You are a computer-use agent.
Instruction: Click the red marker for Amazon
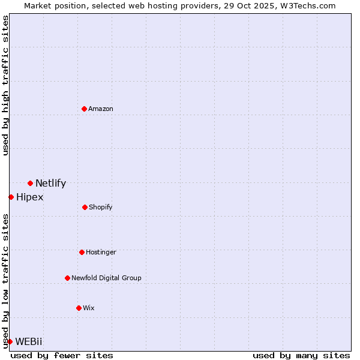(x=84, y=109)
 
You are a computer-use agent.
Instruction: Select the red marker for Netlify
(x=30, y=183)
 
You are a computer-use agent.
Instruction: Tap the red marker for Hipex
(x=11, y=197)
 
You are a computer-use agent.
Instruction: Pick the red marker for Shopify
(x=85, y=207)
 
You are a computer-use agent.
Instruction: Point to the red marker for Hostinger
(x=82, y=252)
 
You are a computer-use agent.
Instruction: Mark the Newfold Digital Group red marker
(x=67, y=278)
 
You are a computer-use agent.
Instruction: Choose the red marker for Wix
(x=79, y=308)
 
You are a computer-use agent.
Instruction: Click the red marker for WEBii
(x=10, y=341)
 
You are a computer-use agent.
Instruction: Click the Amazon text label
(x=101, y=109)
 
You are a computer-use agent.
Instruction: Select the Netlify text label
(x=50, y=184)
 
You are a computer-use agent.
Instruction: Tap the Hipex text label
(x=29, y=197)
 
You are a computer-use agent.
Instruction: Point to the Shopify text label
(x=101, y=207)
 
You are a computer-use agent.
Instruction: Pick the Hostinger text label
(x=101, y=252)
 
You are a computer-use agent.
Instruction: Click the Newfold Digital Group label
(x=106, y=278)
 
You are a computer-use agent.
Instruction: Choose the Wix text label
(x=89, y=308)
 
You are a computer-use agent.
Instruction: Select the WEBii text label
(x=29, y=341)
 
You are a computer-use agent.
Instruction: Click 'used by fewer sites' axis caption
(x=62, y=355)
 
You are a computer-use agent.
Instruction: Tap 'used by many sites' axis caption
(x=301, y=355)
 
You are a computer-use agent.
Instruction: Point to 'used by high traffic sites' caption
(x=5, y=85)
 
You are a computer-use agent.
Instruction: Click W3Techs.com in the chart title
(x=306, y=5)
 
